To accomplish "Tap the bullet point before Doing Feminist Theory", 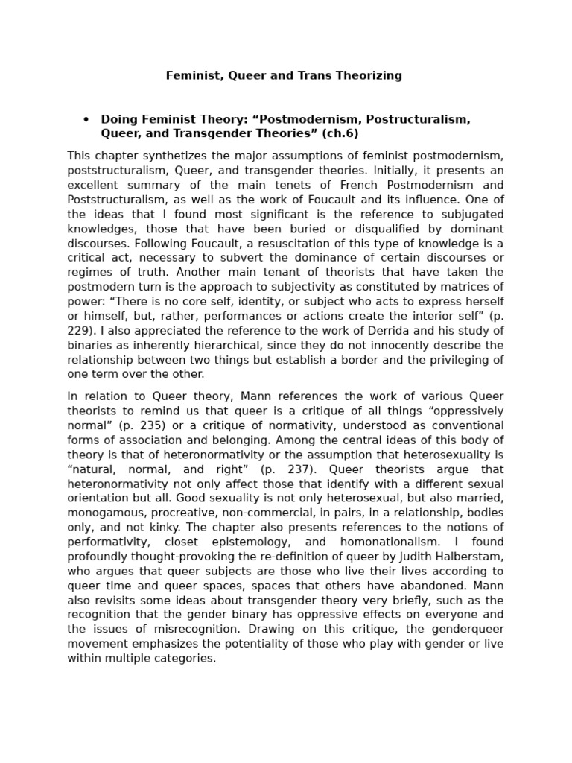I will click(86, 119).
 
